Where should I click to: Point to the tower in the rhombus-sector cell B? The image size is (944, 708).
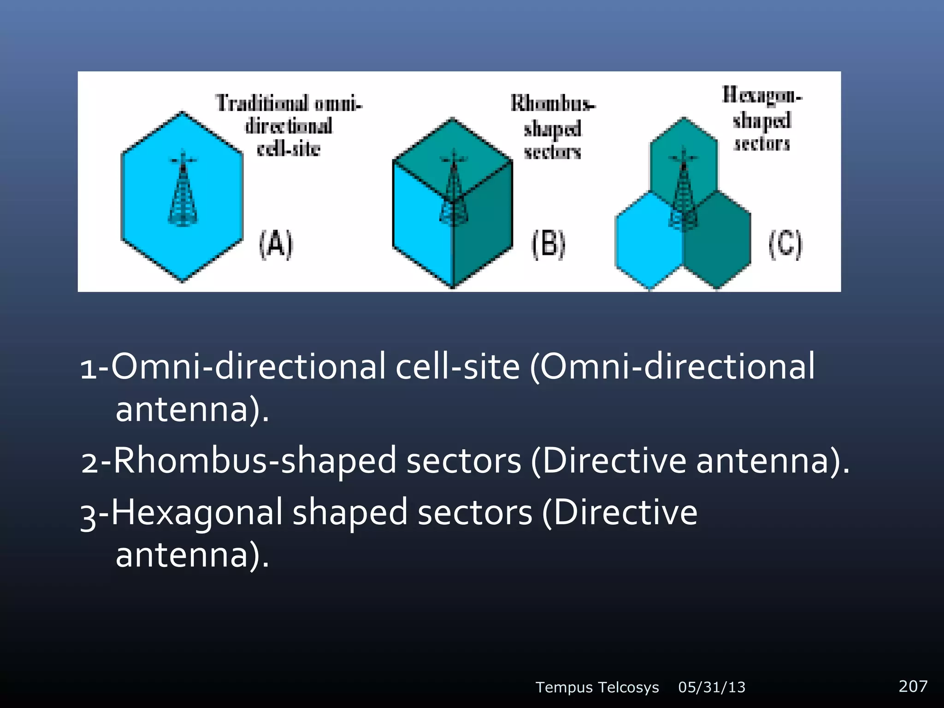pyautogui.click(x=454, y=189)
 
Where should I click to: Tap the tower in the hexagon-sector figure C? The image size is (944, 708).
pyautogui.click(x=683, y=189)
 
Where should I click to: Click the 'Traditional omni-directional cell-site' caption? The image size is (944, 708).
pyautogui.click(x=289, y=125)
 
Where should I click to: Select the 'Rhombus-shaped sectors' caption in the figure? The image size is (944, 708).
pyautogui.click(x=552, y=127)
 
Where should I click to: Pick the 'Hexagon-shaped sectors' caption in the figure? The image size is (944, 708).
pyautogui.click(x=762, y=119)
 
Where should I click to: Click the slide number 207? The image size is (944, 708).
pyautogui.click(x=913, y=686)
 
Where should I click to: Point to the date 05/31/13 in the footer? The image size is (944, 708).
pyautogui.click(x=712, y=687)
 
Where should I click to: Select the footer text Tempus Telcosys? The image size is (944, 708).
pyautogui.click(x=597, y=687)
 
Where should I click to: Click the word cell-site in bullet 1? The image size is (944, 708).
pyautogui.click(x=457, y=366)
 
